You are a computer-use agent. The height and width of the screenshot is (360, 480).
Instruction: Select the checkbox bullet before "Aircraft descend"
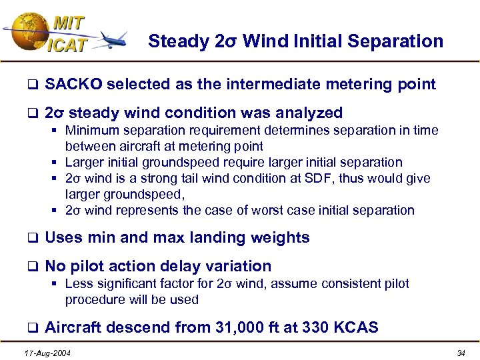(31, 328)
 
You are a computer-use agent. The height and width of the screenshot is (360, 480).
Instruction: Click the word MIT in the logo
(69, 22)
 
